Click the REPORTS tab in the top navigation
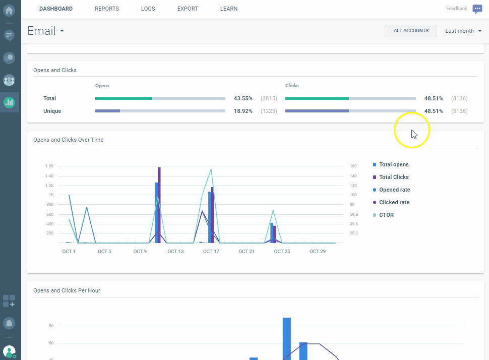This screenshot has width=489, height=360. pos(107,9)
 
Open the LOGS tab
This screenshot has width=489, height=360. pos(148,9)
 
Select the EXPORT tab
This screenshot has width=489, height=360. pos(188,9)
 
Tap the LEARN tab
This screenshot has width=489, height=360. pos(229,9)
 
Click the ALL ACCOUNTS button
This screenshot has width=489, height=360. pos(411,31)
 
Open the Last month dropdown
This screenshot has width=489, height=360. pos(463,31)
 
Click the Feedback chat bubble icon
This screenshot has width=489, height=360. pos(477,9)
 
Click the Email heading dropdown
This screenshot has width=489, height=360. pos(46,31)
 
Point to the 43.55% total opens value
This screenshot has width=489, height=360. pos(243,98)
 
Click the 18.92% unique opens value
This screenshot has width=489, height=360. pos(243,111)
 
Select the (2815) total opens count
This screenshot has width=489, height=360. pos(269,98)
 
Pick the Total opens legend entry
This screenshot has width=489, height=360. pos(394,164)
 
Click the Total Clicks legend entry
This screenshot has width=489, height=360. pos(394,177)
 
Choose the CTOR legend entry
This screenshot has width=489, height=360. pos(386,215)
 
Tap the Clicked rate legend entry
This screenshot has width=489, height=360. pos(394,202)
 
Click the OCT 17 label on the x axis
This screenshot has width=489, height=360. pos(211,251)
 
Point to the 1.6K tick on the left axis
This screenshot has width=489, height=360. pos(49,166)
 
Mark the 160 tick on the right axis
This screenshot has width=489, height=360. pos(353,166)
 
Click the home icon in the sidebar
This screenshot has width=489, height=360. pos(9,10)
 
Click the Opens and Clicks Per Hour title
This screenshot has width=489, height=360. pos(67,290)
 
